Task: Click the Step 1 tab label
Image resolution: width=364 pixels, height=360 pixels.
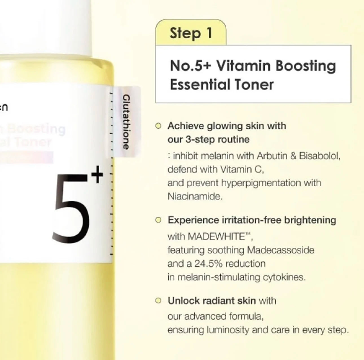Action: pyautogui.click(x=191, y=33)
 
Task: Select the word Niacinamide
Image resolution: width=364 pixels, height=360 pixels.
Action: pyautogui.click(x=195, y=197)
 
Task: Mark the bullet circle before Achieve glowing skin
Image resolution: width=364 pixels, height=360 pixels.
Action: pyautogui.click(x=159, y=126)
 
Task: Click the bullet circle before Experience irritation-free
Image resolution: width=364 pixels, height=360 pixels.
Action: pyautogui.click(x=159, y=220)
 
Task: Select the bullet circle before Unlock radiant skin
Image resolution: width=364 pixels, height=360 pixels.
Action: pyautogui.click(x=159, y=301)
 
